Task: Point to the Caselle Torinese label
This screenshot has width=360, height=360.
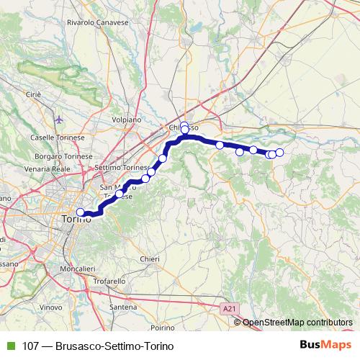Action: coord(58,137)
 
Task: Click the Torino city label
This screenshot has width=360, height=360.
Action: coord(76,218)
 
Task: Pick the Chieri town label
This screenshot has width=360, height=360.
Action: coord(150,258)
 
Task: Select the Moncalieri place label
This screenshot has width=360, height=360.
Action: coord(77,269)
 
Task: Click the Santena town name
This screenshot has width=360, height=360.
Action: coord(123,307)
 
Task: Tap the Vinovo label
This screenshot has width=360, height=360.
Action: coord(51,307)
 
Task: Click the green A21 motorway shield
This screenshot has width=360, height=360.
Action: coord(228,308)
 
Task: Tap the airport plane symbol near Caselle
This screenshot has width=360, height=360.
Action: coord(58,119)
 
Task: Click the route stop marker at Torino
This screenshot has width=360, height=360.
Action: coord(81,212)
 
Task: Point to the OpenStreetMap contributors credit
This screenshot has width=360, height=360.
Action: coord(297,322)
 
